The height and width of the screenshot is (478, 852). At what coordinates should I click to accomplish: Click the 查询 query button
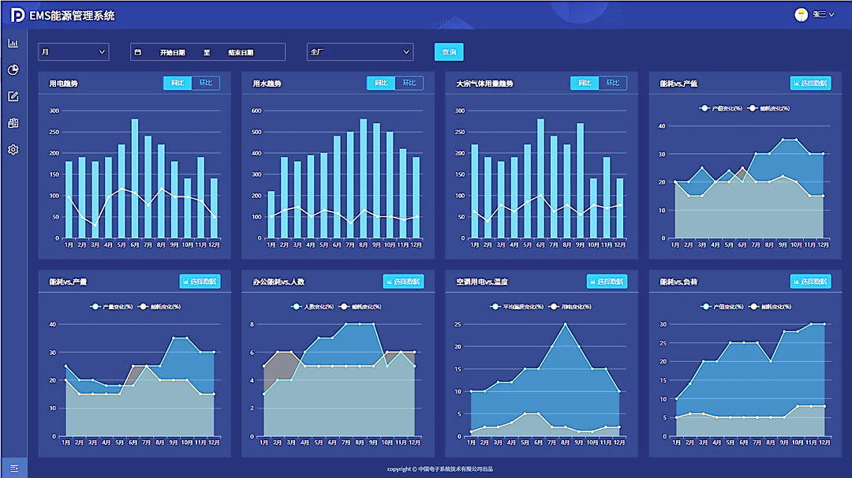coord(449,52)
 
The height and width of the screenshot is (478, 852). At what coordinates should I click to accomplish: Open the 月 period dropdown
coord(73,52)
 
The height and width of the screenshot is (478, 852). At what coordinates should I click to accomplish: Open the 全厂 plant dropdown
coord(360,52)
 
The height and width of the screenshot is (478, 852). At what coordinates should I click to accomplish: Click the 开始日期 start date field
coord(172,53)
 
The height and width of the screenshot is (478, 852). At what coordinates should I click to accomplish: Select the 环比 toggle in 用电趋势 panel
coord(206,83)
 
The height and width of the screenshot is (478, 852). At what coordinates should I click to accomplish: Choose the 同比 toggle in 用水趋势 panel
coord(381,83)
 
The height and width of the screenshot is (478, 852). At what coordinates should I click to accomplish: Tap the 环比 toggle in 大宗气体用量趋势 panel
coord(613,83)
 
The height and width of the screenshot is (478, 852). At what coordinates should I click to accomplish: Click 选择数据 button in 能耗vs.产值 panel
coord(810,83)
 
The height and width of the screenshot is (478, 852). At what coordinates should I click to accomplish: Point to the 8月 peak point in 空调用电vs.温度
coord(565,324)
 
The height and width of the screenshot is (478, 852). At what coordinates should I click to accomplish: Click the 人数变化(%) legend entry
coord(319,306)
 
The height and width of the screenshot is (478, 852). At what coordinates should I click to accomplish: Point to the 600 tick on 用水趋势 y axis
coord(257,110)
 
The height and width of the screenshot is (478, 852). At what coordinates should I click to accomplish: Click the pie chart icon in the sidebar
coord(13,69)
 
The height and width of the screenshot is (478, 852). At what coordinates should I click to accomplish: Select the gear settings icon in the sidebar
coord(13,150)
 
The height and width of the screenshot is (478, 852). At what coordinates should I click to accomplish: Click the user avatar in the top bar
coord(801,14)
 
